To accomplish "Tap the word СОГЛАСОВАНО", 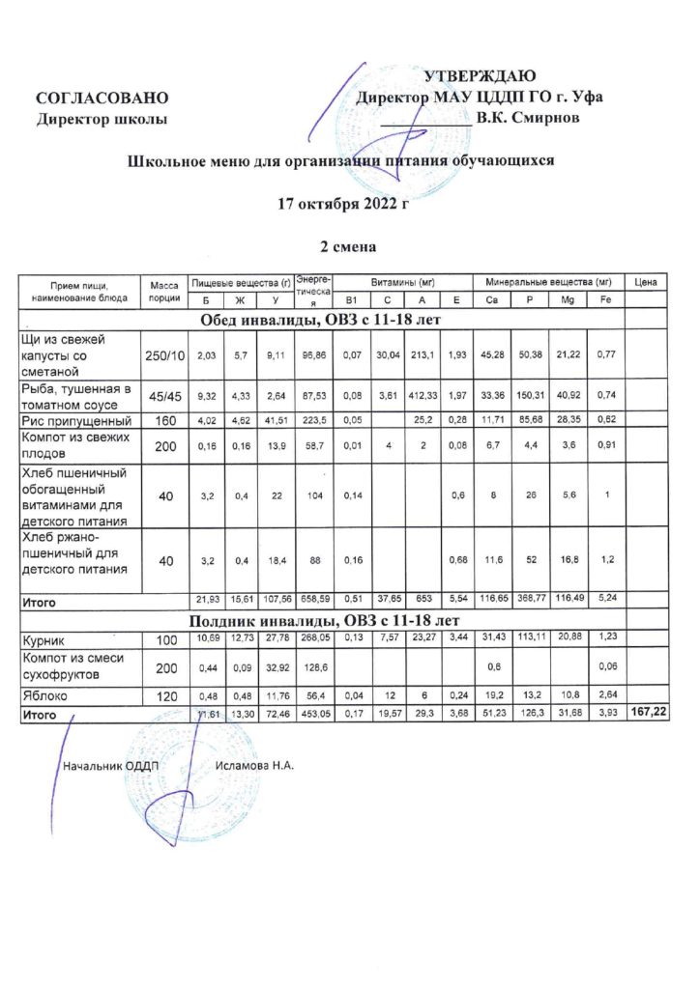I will click(x=102, y=99).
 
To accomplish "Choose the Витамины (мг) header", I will click(x=398, y=281).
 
